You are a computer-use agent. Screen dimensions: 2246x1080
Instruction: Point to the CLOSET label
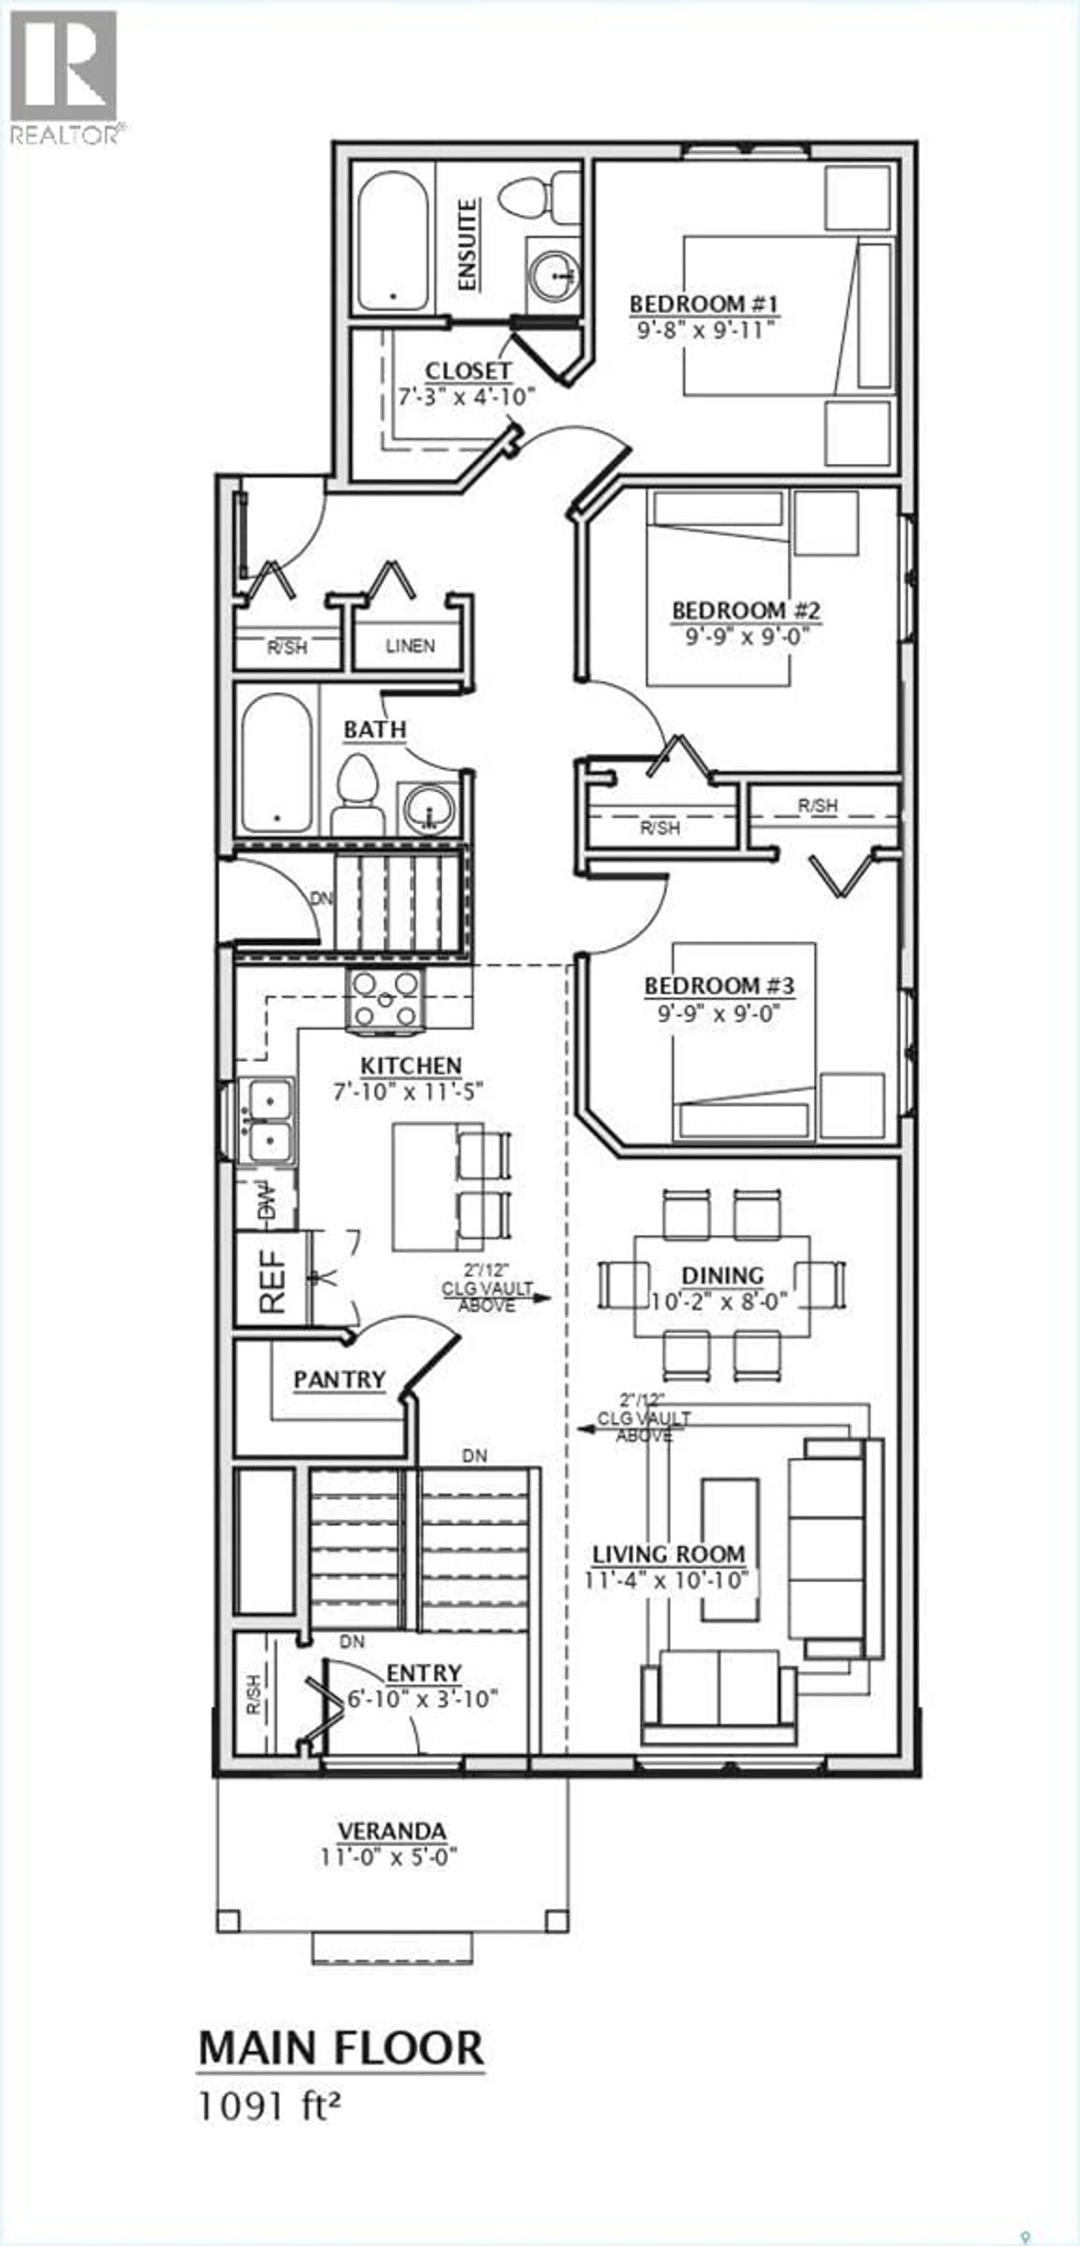click(x=467, y=371)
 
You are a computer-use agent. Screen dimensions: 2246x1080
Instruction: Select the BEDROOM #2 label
click(x=746, y=610)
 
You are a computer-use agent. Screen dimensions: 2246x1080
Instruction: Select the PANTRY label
click(x=339, y=1379)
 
